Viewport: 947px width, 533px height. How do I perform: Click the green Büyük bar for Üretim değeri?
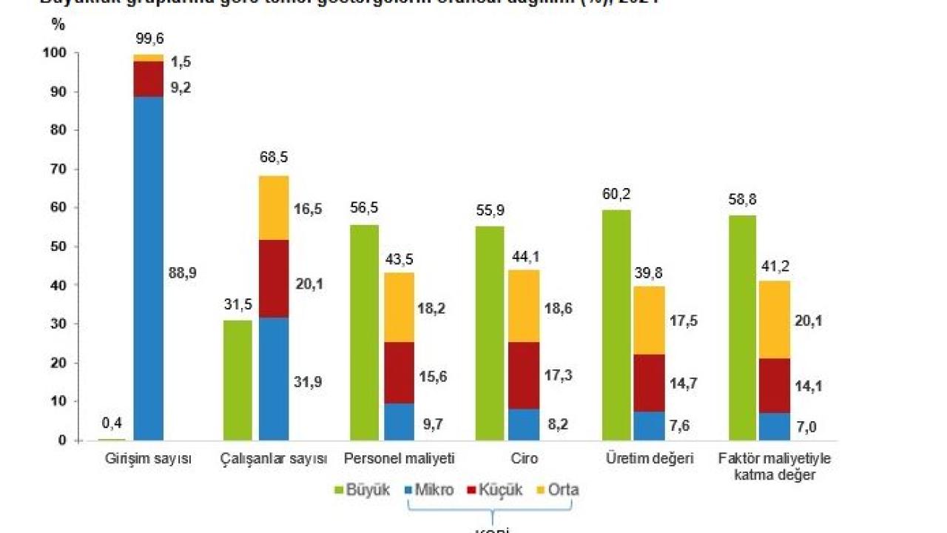616,326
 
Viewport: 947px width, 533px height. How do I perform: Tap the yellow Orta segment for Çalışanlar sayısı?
274,208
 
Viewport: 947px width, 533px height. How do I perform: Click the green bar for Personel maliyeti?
364,333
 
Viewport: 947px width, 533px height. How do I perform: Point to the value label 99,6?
149,38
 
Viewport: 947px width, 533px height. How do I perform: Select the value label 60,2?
616,195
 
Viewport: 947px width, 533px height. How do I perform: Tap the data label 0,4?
112,423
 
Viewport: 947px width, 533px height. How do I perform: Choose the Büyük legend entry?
363,490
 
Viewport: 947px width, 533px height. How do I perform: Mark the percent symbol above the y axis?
58,24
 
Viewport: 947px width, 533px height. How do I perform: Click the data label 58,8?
742,200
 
